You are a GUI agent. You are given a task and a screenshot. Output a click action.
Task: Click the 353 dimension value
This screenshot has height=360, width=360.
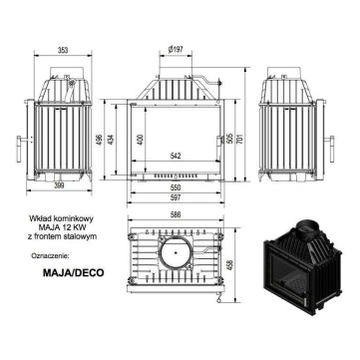[x=63, y=50]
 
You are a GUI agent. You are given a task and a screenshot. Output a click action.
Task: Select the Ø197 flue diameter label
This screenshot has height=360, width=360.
[x=176, y=50]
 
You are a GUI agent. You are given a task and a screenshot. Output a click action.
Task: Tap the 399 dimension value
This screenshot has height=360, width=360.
[x=59, y=185]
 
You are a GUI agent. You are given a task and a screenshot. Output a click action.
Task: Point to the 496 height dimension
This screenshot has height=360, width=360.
[x=99, y=139]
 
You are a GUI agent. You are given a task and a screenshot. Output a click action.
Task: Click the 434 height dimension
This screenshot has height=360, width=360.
[x=111, y=139]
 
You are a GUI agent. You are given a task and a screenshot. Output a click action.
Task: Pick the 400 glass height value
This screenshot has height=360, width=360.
[x=140, y=139]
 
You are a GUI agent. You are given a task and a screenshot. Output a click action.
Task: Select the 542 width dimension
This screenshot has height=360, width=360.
[x=176, y=157]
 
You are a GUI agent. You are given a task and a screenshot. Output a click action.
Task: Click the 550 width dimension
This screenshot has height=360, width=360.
[x=176, y=187]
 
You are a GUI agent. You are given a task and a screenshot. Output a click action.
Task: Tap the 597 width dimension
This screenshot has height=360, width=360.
[x=176, y=197]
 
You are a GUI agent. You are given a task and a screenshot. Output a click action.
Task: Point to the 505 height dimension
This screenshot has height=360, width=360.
[x=229, y=139]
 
